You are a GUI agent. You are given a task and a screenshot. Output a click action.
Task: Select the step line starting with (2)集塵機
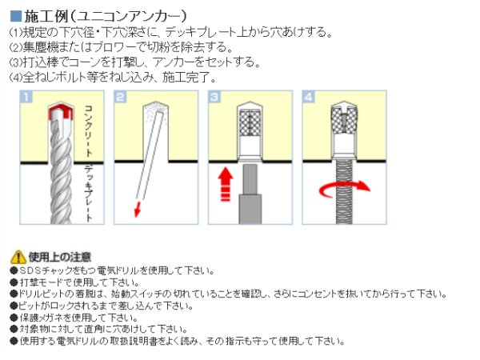coord(121,47)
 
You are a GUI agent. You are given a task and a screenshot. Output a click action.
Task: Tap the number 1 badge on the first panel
coord(26,99)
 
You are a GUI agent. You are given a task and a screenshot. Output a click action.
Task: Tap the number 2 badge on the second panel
coord(121,99)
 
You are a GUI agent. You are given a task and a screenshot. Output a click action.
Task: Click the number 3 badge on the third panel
coord(215,99)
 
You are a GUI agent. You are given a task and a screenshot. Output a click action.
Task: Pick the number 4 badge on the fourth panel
coord(310,99)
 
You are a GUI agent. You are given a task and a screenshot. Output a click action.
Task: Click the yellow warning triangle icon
coord(18,258)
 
